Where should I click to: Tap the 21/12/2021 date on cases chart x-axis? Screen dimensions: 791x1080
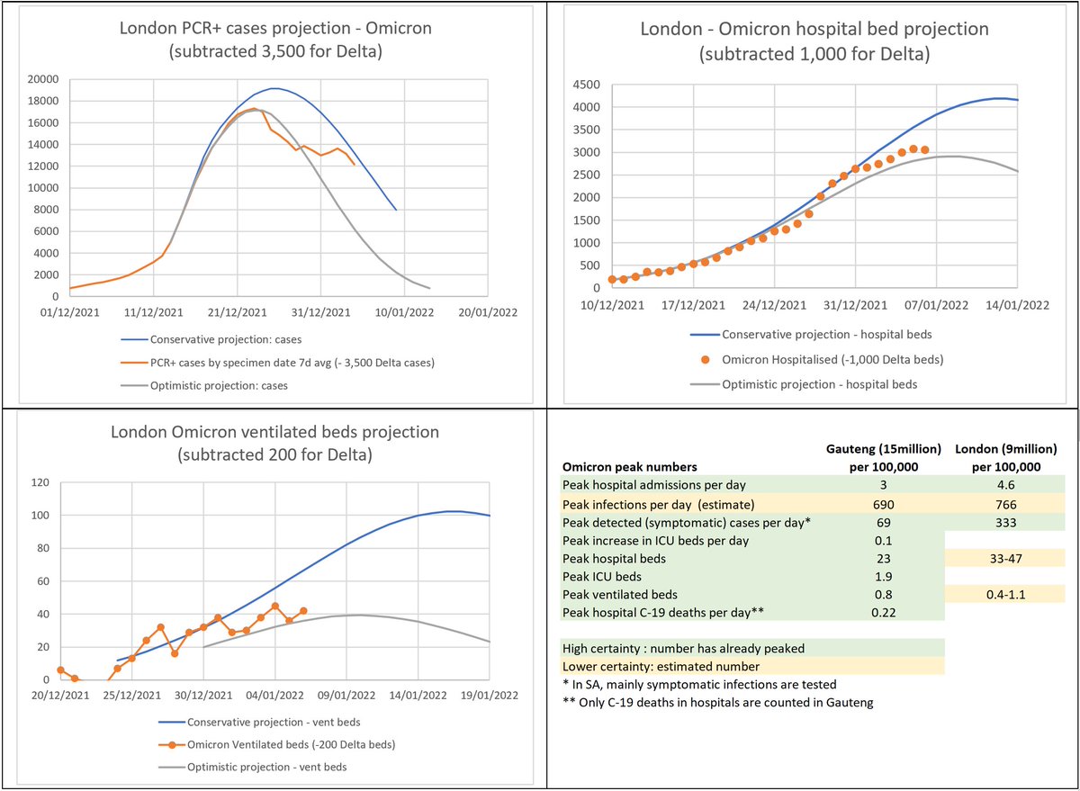point(238,312)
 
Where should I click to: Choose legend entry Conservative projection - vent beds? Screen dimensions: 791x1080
point(265,723)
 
